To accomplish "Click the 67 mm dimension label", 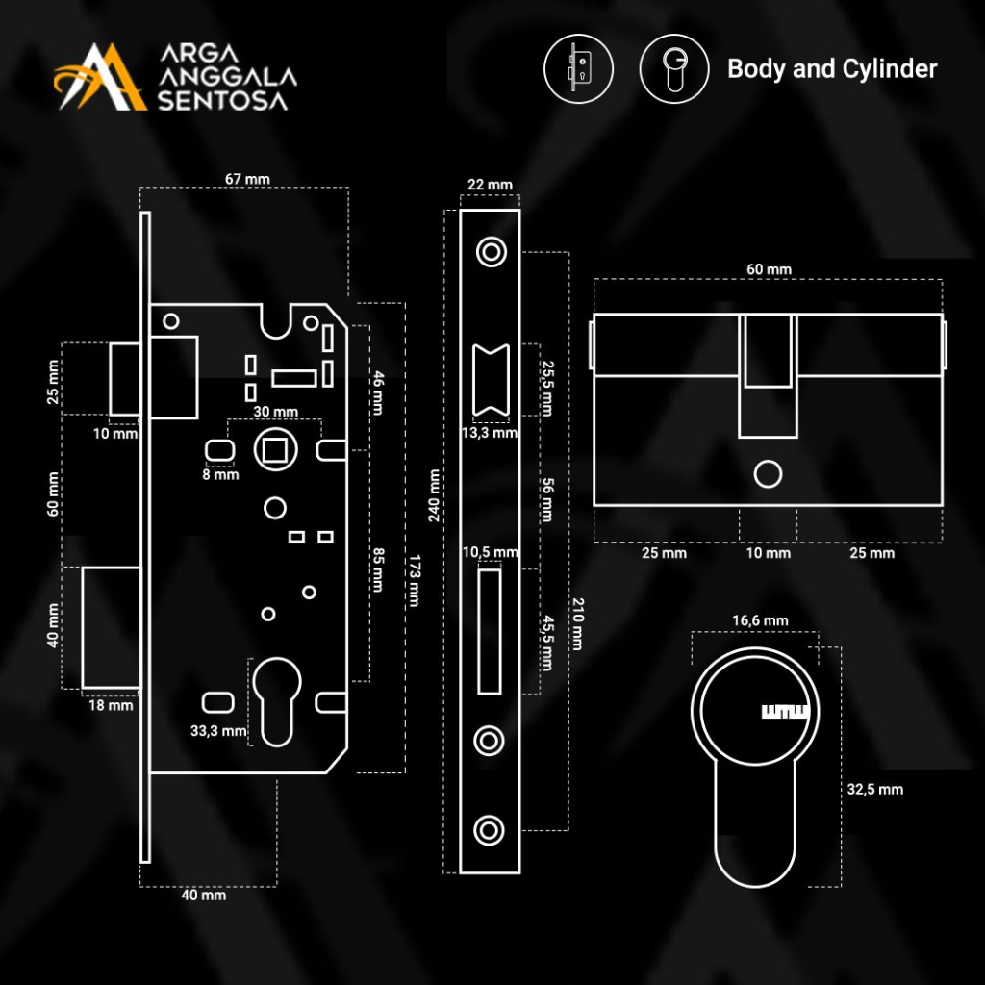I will (247, 179).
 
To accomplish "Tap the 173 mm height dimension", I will (414, 580).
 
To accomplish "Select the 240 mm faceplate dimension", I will (435, 495).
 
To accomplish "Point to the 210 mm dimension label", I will (576, 624).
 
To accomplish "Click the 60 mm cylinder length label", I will (769, 269).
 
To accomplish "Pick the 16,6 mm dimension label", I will (760, 620).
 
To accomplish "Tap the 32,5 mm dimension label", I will (874, 790).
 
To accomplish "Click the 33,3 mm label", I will (217, 731).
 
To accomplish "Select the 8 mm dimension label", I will (220, 474).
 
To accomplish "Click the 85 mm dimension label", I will (378, 569).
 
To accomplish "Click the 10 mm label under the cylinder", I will (769, 553).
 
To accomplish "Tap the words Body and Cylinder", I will (832, 69).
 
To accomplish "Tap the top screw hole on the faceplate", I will (491, 252).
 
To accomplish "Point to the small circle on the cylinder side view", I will (768, 474).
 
